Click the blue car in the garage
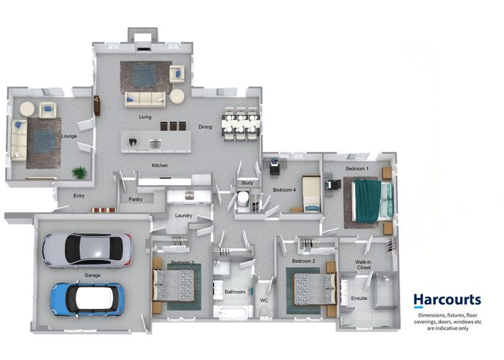(87, 300)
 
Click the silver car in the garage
(87, 250)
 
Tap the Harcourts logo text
(447, 300)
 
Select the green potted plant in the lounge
(78, 172)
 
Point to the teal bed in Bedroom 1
(372, 202)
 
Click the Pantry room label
(135, 199)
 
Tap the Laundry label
(184, 215)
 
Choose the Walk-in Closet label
(364, 265)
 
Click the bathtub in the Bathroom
(233, 312)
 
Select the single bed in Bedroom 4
(312, 194)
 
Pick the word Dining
(205, 127)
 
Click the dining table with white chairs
(240, 124)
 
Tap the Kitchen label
(160, 165)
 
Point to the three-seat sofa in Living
(145, 99)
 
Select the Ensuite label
(359, 298)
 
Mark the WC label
(264, 300)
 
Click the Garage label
(92, 275)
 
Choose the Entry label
(78, 195)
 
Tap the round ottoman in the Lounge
(27, 109)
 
